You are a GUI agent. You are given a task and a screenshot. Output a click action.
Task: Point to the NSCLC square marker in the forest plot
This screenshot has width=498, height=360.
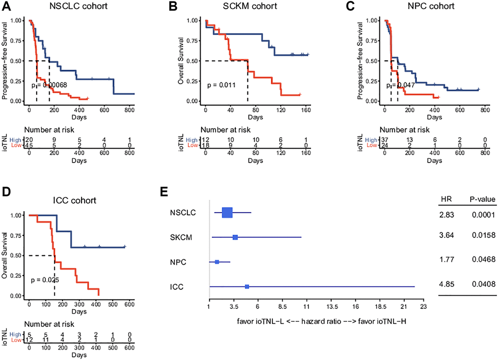coord(227,212)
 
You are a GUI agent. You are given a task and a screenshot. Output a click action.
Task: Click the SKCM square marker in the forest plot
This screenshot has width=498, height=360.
coord(235,237)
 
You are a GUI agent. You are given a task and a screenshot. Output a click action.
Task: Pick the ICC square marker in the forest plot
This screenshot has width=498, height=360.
coord(247,286)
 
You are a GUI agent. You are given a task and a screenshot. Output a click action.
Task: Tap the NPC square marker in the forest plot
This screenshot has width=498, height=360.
coord(217,262)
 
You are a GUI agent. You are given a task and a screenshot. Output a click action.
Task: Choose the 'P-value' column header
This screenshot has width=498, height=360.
coord(483,199)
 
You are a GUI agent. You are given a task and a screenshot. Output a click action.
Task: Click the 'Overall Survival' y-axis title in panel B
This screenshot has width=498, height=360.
coord(181,61)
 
